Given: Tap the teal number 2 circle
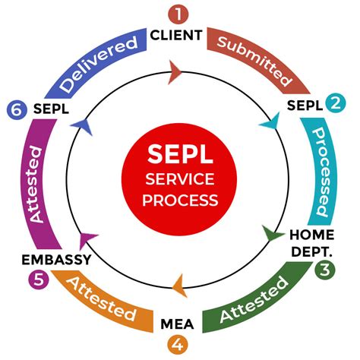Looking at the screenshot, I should (333, 103).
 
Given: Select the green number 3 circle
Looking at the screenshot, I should (326, 268).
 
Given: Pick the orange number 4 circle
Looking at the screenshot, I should (177, 344).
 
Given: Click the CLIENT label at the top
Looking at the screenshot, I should (176, 35).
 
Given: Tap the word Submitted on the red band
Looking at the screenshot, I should (254, 60).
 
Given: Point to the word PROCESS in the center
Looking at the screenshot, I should (179, 201).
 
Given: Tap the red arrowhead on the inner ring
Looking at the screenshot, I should (175, 72).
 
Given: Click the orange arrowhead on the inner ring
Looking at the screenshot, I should (179, 287).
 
